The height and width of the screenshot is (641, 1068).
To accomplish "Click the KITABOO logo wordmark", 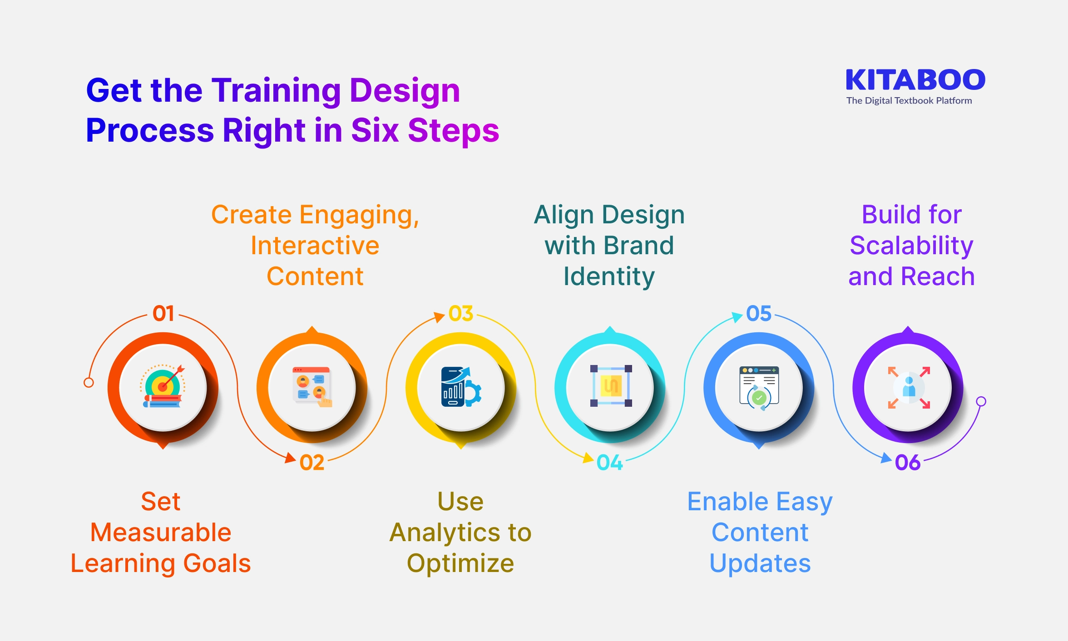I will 915,80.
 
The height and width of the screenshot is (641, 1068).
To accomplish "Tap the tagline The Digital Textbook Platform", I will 909,101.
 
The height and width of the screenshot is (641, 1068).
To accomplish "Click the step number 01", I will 163,314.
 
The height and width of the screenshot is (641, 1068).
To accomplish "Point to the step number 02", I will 312,463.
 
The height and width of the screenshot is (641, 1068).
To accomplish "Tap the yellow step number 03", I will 461,314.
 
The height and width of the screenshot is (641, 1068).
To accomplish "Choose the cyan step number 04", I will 609,463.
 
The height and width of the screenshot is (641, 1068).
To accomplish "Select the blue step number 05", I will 759,314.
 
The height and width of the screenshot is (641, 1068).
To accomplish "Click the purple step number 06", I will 907,463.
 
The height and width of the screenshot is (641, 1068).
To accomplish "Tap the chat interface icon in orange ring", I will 312,387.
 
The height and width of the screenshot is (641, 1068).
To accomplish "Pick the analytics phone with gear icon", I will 460,387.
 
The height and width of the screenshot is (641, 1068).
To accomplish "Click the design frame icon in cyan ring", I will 611,386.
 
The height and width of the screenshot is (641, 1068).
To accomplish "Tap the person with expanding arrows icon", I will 909,388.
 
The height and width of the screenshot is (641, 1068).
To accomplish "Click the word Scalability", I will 911,246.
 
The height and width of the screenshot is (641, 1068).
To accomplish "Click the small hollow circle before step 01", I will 89,383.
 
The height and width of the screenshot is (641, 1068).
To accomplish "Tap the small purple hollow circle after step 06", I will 981,401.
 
